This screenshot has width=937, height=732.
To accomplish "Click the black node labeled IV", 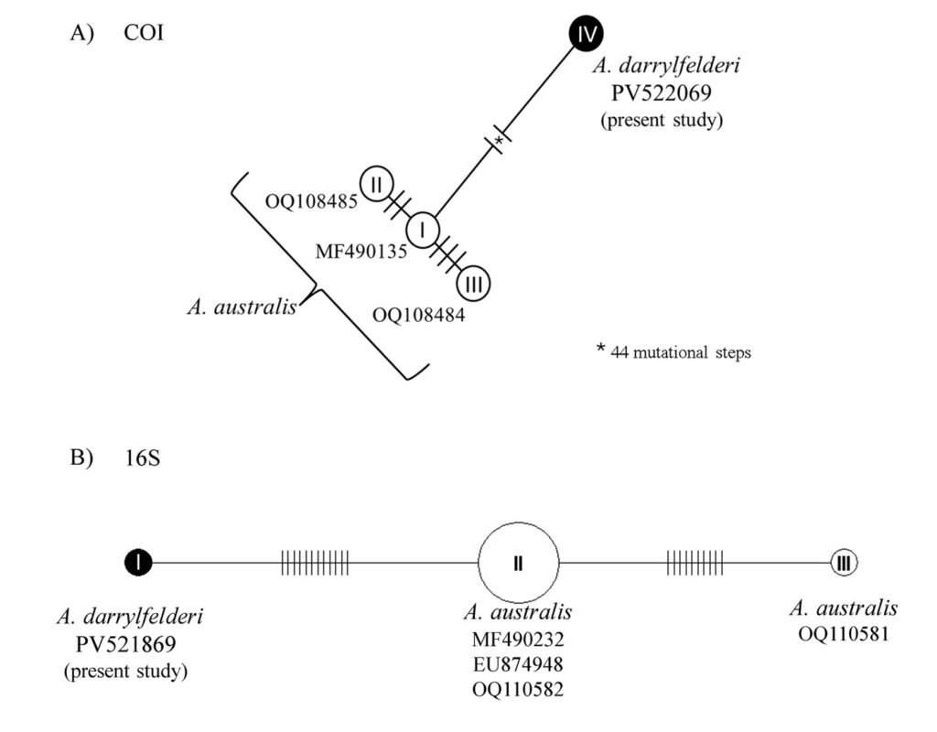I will (x=586, y=35).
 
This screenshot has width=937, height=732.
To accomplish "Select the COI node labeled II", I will (x=375, y=184).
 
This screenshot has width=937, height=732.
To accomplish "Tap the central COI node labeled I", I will (x=423, y=229).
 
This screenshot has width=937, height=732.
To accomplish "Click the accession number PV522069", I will (x=661, y=92).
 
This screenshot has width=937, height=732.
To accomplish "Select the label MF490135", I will (x=361, y=251).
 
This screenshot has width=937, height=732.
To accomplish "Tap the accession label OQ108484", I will (x=418, y=316).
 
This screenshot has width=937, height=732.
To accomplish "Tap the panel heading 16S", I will (x=142, y=457).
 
